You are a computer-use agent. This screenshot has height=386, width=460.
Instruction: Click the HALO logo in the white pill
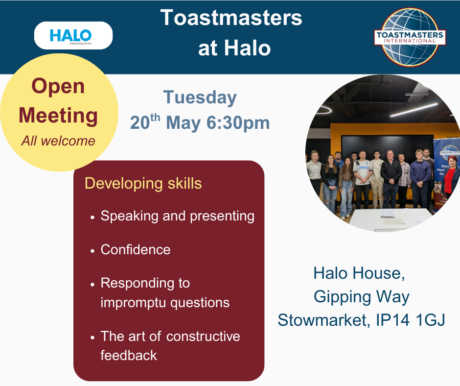(x=70, y=37)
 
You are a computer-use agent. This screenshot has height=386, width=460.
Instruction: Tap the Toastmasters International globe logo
(x=410, y=37)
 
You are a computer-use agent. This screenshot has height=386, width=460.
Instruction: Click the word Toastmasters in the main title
(x=231, y=18)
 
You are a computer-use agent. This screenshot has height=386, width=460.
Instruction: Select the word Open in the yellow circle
(x=58, y=86)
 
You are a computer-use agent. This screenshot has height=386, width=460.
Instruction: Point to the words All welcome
(x=58, y=141)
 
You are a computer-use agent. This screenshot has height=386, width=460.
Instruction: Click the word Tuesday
(x=200, y=98)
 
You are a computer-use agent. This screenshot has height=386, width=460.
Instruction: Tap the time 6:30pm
(x=238, y=123)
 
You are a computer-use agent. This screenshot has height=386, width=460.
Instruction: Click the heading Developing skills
(x=143, y=184)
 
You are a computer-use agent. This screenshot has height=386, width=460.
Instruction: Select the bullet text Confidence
(x=136, y=250)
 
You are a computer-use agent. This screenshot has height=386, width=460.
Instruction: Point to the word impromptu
(x=133, y=303)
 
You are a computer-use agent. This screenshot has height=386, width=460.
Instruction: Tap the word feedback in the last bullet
(x=129, y=356)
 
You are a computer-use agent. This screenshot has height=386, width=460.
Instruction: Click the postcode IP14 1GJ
(x=411, y=320)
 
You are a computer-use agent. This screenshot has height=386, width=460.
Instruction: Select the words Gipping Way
(x=362, y=297)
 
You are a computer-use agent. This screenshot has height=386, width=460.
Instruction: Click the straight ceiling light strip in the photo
(x=414, y=110)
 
